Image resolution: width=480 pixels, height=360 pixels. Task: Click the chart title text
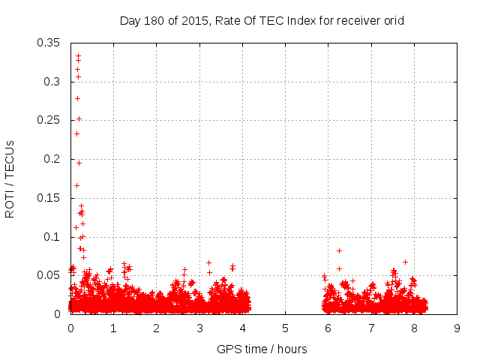point(262,20)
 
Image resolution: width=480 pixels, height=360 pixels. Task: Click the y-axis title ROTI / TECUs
point(10,178)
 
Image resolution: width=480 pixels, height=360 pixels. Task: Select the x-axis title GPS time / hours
point(262,349)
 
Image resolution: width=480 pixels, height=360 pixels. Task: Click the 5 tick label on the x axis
point(285,328)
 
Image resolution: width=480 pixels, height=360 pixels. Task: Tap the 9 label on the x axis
point(457,328)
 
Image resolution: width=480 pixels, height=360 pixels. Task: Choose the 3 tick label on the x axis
point(199,328)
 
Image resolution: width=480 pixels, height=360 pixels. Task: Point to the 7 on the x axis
point(371,328)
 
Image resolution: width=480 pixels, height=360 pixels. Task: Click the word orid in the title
point(393,20)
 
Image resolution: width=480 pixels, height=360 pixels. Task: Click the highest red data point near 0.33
point(78,55)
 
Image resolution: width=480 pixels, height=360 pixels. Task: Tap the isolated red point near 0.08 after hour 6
point(339,250)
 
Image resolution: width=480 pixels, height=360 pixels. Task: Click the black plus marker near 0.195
point(79,163)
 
